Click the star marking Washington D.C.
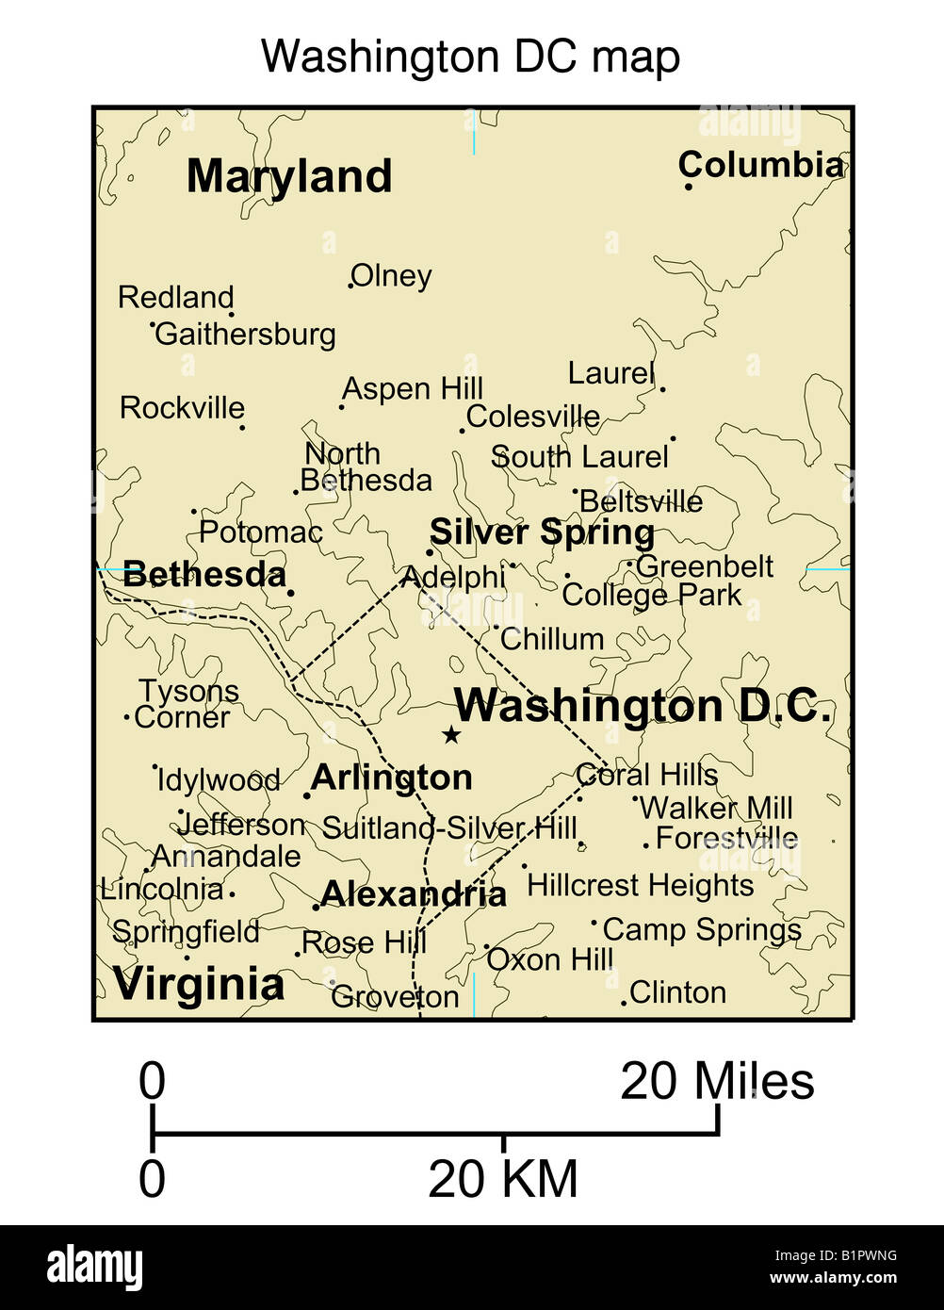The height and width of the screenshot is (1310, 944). pos(451,734)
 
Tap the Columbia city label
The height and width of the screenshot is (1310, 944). pos(760,165)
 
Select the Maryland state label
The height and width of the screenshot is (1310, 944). pos(289,176)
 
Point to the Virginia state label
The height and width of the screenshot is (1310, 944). pos(199,984)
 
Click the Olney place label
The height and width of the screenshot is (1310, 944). pos(391,276)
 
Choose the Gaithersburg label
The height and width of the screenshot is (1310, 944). pos(245,334)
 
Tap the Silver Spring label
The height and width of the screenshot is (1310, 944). pos(542,532)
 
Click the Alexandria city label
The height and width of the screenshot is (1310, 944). pos(414,893)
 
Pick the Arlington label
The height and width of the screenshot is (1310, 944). pos(392,778)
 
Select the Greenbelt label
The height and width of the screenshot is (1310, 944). pos(705,566)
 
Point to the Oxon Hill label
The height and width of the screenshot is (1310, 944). pos(550,959)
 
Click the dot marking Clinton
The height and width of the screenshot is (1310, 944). pos(624,1003)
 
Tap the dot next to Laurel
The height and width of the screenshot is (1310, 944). pos(662,388)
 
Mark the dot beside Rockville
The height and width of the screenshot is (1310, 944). pos(242,427)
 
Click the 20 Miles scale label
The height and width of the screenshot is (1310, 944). pos(717,1081)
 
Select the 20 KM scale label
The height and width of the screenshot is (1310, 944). pos(503,1179)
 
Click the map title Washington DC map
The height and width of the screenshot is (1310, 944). pos(470,57)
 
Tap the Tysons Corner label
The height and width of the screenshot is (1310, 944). pos(185,704)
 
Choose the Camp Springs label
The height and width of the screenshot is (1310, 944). pos(702,929)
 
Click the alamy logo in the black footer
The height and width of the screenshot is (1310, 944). pos(94,1268)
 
